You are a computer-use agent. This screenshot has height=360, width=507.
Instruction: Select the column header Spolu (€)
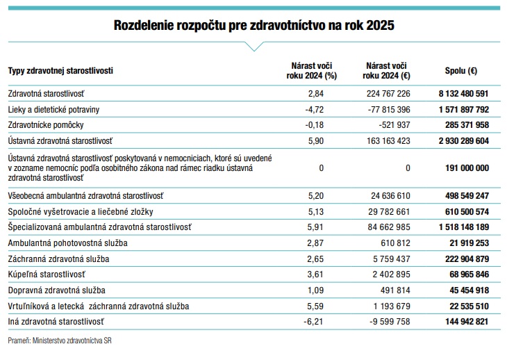click(x=461, y=70)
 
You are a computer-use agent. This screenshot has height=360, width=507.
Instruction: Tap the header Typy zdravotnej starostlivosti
click(x=60, y=70)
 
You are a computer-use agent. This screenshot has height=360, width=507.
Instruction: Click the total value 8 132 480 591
click(x=463, y=94)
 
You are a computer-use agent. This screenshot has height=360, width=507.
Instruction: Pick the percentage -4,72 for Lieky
click(x=315, y=110)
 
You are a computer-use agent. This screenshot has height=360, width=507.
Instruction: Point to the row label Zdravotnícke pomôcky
click(x=46, y=125)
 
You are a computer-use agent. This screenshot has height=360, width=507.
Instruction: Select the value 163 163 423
click(x=388, y=141)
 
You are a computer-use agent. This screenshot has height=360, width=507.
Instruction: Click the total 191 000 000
click(x=467, y=168)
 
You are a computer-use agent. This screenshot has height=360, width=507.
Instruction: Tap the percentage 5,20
click(x=315, y=196)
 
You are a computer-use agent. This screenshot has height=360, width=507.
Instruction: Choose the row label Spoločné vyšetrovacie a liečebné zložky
click(x=81, y=212)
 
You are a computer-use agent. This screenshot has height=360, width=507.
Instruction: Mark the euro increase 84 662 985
click(x=389, y=227)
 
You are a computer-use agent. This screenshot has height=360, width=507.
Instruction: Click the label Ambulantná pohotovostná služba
click(x=67, y=243)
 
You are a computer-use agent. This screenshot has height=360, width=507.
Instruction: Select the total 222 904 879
click(x=467, y=259)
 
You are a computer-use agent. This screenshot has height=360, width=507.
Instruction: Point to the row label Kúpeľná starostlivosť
click(x=47, y=275)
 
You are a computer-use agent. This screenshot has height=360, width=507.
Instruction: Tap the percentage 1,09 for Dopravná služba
click(x=315, y=291)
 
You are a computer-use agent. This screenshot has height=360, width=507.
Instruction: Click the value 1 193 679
click(x=392, y=306)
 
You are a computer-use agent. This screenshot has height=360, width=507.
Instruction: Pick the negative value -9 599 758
click(x=390, y=322)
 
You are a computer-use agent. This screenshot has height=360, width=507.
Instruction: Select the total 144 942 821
click(x=467, y=322)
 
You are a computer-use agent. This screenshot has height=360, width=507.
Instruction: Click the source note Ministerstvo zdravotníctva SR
click(x=72, y=341)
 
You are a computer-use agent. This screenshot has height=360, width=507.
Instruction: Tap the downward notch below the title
click(x=254, y=47)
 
